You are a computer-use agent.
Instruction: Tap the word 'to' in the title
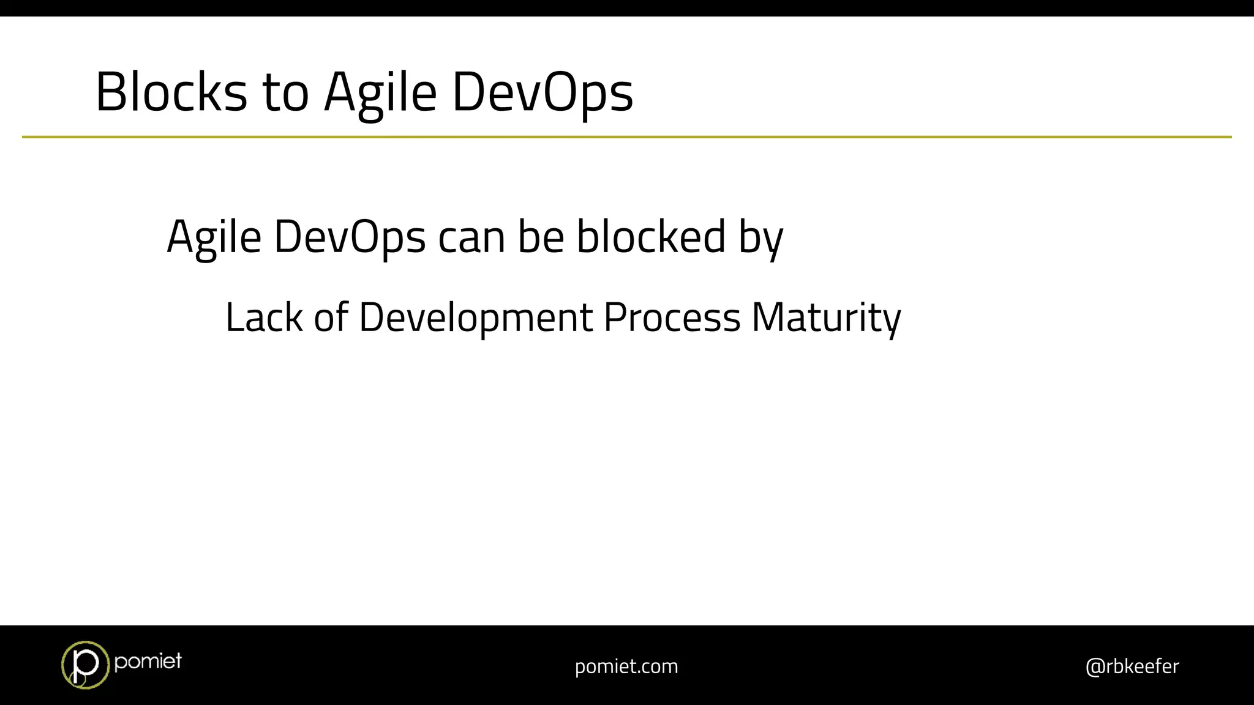coord(285,92)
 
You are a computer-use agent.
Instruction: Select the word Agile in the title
coord(380,94)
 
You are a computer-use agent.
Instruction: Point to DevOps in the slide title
coord(543,94)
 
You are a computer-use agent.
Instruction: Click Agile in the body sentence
coord(214,237)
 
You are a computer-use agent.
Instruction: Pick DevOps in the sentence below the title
coord(349,237)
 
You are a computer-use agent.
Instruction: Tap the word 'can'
coord(471,237)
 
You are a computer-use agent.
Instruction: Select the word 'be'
coord(541,236)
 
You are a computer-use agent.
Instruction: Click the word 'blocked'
coord(651,236)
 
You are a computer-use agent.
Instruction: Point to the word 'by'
coord(760,239)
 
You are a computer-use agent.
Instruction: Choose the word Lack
coord(264,318)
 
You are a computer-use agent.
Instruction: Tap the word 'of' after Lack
coord(331,318)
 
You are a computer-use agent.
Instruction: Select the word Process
coord(672,318)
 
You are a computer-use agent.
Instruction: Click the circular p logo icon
coord(84,665)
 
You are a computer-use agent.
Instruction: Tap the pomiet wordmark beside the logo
coord(148,661)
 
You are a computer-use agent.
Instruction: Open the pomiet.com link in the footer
coord(626,666)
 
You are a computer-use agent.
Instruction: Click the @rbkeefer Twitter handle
coord(1132,666)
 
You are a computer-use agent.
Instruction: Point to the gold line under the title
coord(626,137)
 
